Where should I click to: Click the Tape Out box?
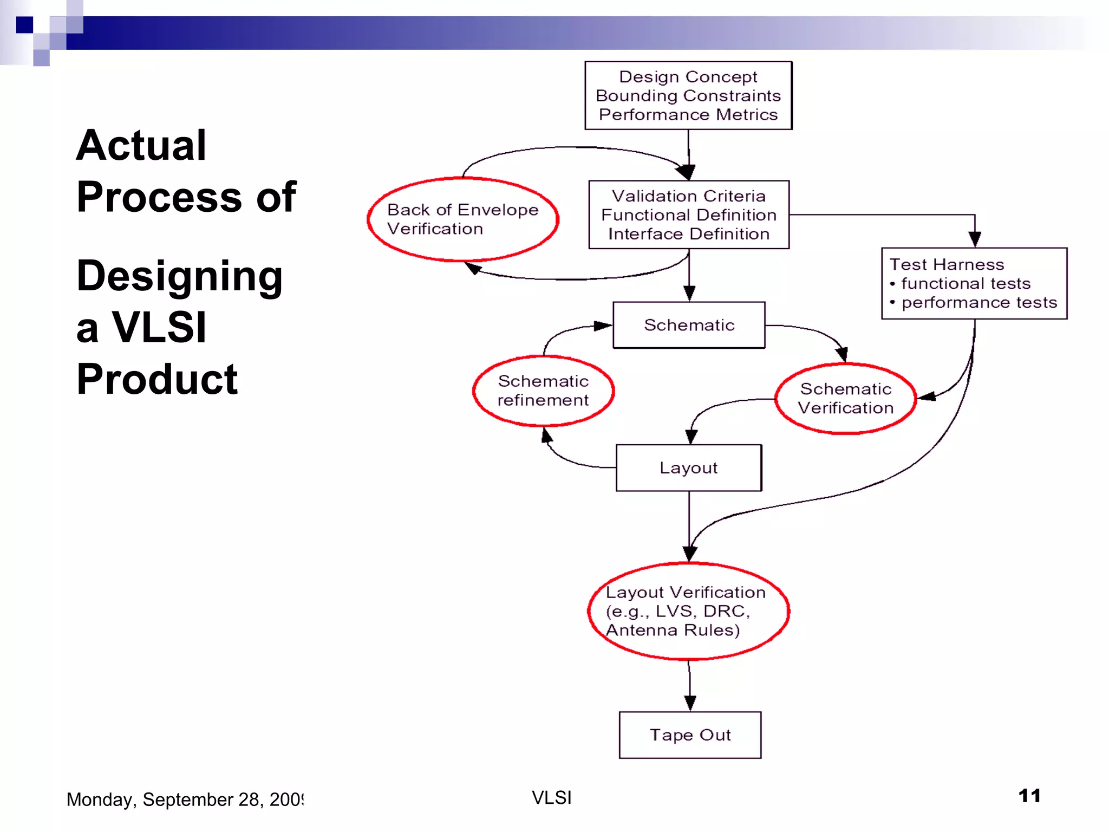(x=690, y=734)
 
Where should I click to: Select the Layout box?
(x=689, y=467)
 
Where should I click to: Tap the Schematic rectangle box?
(x=689, y=325)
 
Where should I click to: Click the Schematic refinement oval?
(x=543, y=391)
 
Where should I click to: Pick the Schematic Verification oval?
(x=845, y=398)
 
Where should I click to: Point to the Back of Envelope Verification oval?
(x=463, y=219)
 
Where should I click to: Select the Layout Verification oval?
(x=688, y=611)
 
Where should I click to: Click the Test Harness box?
(x=974, y=283)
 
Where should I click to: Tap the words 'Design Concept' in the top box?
(x=688, y=77)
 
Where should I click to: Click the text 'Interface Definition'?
(x=689, y=234)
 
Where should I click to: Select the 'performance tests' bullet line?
(x=979, y=302)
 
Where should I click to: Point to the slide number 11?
(x=1029, y=796)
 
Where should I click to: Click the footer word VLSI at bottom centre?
(x=552, y=797)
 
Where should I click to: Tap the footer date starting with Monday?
(x=185, y=799)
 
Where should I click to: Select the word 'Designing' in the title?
(x=179, y=276)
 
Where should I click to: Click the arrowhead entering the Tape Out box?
(x=690, y=703)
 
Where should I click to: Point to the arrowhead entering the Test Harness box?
(x=975, y=239)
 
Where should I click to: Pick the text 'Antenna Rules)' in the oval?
(x=673, y=630)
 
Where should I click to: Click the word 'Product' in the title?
(x=157, y=379)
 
